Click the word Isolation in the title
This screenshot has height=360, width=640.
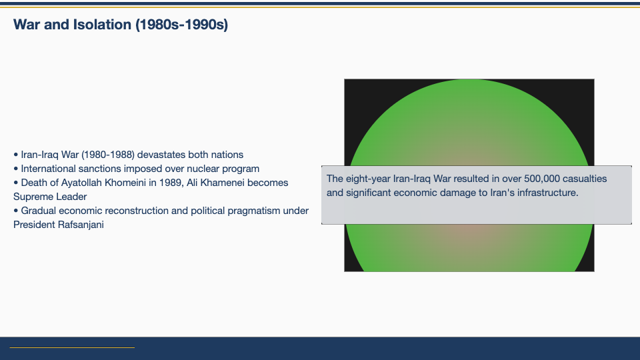click(x=102, y=25)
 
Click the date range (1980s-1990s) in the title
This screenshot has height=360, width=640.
click(x=181, y=25)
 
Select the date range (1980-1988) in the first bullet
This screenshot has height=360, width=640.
click(x=108, y=155)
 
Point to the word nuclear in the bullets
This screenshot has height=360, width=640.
click(x=203, y=169)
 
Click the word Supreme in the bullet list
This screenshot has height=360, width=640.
click(x=32, y=197)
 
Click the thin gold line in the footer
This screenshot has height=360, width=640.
click(x=72, y=348)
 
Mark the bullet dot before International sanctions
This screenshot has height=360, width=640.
click(x=16, y=169)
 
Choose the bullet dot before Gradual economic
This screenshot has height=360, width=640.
click(x=16, y=211)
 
